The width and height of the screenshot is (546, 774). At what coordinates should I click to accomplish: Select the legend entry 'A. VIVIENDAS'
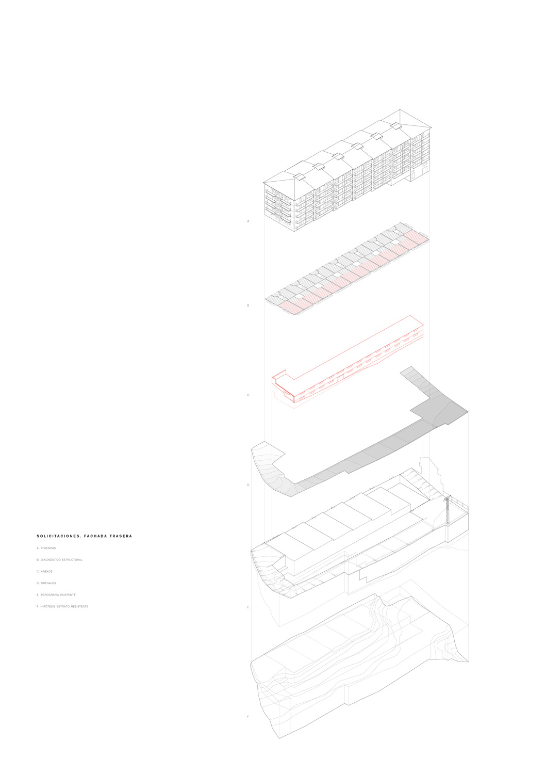46,548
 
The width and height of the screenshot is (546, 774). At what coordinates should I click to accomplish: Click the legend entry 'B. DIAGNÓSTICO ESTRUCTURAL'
60,560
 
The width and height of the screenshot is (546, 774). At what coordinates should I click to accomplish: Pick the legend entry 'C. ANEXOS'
45,572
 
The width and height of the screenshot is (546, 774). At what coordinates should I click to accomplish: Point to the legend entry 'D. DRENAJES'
46,583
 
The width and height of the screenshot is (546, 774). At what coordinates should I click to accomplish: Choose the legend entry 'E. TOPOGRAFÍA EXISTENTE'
56,595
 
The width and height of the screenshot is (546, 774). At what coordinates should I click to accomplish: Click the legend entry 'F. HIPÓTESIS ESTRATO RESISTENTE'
62,606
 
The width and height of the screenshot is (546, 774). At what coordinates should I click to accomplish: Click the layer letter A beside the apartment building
248,221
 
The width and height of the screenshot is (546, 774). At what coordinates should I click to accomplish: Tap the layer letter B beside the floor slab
248,305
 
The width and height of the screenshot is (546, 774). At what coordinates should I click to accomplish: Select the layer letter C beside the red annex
248,395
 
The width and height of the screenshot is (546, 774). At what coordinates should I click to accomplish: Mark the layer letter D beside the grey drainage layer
248,485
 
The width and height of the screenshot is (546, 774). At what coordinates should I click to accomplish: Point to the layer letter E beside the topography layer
248,607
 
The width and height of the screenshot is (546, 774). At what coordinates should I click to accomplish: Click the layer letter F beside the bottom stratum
248,717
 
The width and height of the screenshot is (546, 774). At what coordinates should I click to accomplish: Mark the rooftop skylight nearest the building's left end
297,176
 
